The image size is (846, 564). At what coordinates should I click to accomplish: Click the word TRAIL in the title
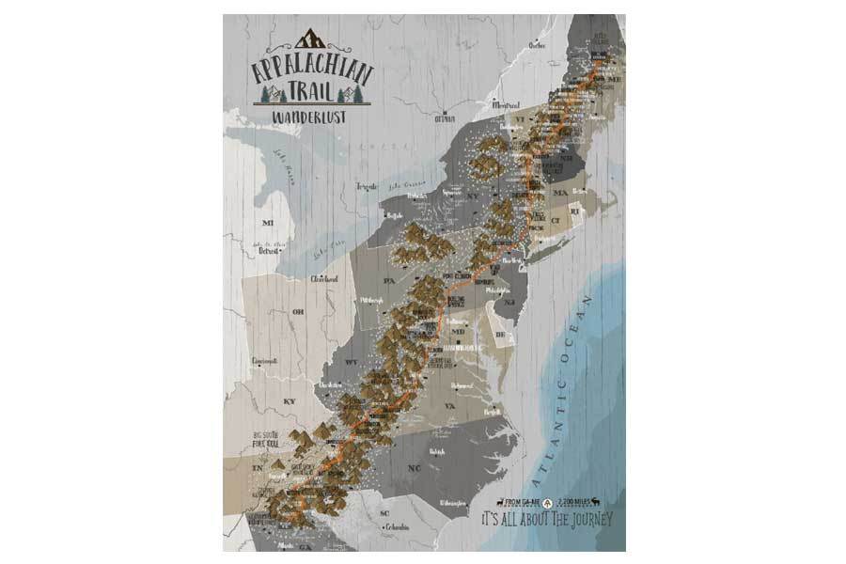pos(309,90)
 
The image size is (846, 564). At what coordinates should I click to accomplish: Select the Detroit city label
pos(270,251)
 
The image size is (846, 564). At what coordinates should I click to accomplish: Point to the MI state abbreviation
pos(266,223)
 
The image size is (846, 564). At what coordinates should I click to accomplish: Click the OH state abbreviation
pos(299,312)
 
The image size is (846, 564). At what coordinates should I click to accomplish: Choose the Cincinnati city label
pos(265,360)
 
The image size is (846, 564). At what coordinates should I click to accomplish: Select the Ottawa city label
pos(443,119)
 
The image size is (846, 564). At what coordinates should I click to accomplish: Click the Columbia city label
pos(397,527)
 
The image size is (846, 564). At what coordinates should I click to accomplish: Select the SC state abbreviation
pos(384,513)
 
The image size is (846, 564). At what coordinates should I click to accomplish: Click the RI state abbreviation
pos(577,213)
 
